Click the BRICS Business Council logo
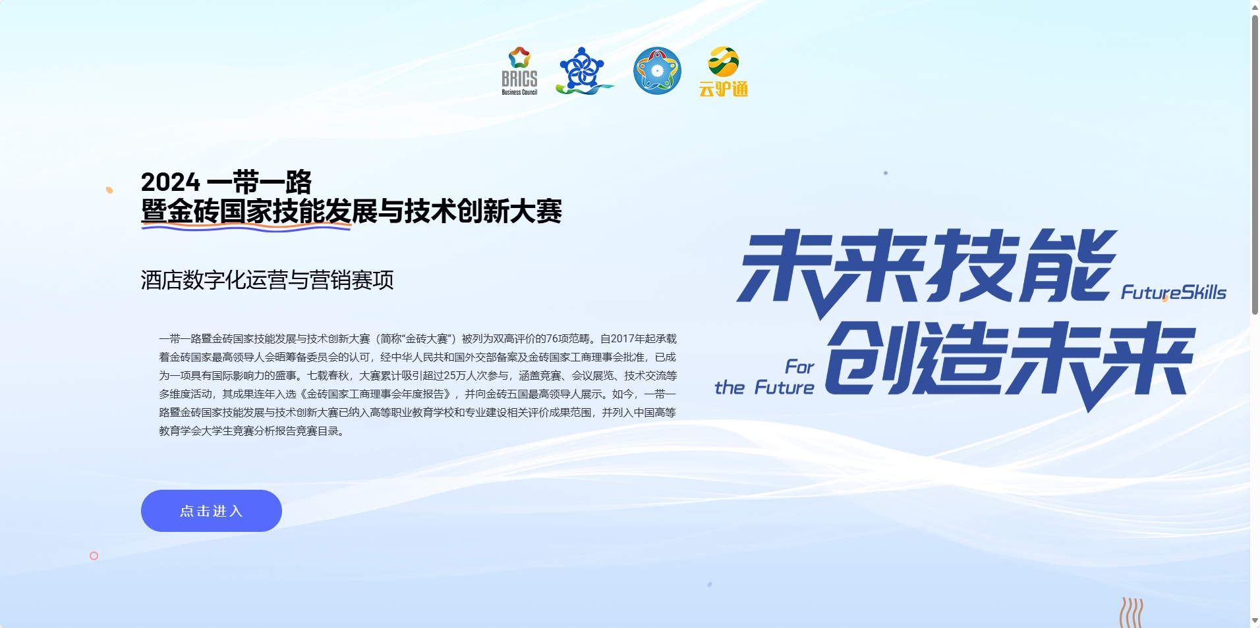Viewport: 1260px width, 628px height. pyautogui.click(x=519, y=71)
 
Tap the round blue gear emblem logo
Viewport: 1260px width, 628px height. pyautogui.click(x=657, y=71)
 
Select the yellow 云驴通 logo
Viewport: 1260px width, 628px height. pyautogui.click(x=723, y=72)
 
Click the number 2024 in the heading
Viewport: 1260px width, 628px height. pyautogui.click(x=171, y=182)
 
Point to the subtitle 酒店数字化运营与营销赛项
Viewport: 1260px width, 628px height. pyautogui.click(x=267, y=280)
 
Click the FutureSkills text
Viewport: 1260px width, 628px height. pyautogui.click(x=1173, y=292)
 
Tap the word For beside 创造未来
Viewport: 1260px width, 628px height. pyautogui.click(x=799, y=367)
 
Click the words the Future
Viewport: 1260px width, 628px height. pyautogui.click(x=764, y=388)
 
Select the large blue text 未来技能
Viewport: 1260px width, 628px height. pyautogui.click(x=926, y=267)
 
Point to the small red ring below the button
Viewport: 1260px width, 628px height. pyautogui.click(x=94, y=556)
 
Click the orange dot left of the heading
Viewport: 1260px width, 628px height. pyautogui.click(x=109, y=190)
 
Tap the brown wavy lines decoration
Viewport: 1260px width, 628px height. pyautogui.click(x=1131, y=612)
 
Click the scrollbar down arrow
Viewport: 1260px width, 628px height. pyautogui.click(x=1255, y=621)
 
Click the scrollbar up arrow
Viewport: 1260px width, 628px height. pyautogui.click(x=1255, y=7)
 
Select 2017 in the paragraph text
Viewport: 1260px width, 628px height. pyautogui.click(x=623, y=339)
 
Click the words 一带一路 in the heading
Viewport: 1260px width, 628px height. pyautogui.click(x=259, y=182)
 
